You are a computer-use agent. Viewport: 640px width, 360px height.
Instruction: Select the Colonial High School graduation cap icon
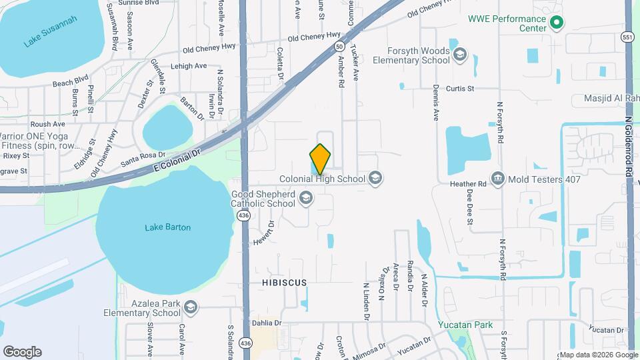pos(375,178)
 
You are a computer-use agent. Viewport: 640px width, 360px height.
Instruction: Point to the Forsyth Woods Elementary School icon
pos(459,55)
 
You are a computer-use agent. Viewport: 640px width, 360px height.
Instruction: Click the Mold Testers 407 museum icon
pos(497,178)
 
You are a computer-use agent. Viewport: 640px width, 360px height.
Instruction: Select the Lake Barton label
pos(167,227)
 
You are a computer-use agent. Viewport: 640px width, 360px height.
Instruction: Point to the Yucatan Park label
pos(465,325)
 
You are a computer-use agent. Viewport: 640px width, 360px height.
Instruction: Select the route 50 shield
pos(339,47)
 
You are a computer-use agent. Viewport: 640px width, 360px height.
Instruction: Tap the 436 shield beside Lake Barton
pos(244,216)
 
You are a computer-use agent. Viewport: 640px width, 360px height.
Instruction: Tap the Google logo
pos(22,352)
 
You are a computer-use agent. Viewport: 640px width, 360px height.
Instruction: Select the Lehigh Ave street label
pos(188,66)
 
